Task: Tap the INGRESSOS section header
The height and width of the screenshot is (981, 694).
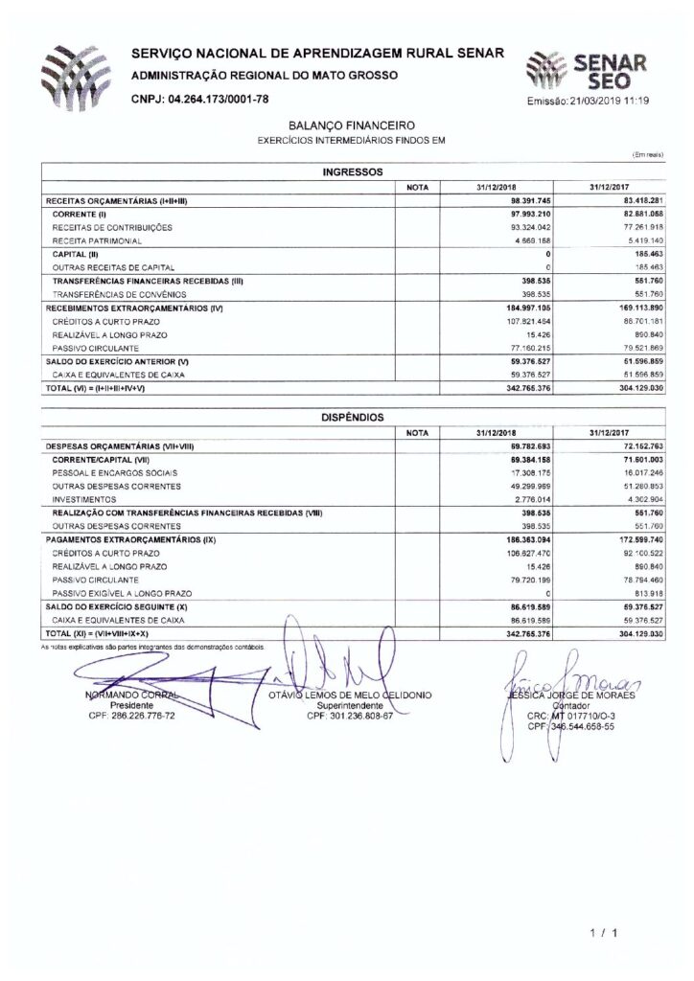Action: (351, 172)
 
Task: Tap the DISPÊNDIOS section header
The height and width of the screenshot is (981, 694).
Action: (351, 417)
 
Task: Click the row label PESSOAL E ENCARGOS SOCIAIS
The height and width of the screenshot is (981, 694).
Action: (114, 473)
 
